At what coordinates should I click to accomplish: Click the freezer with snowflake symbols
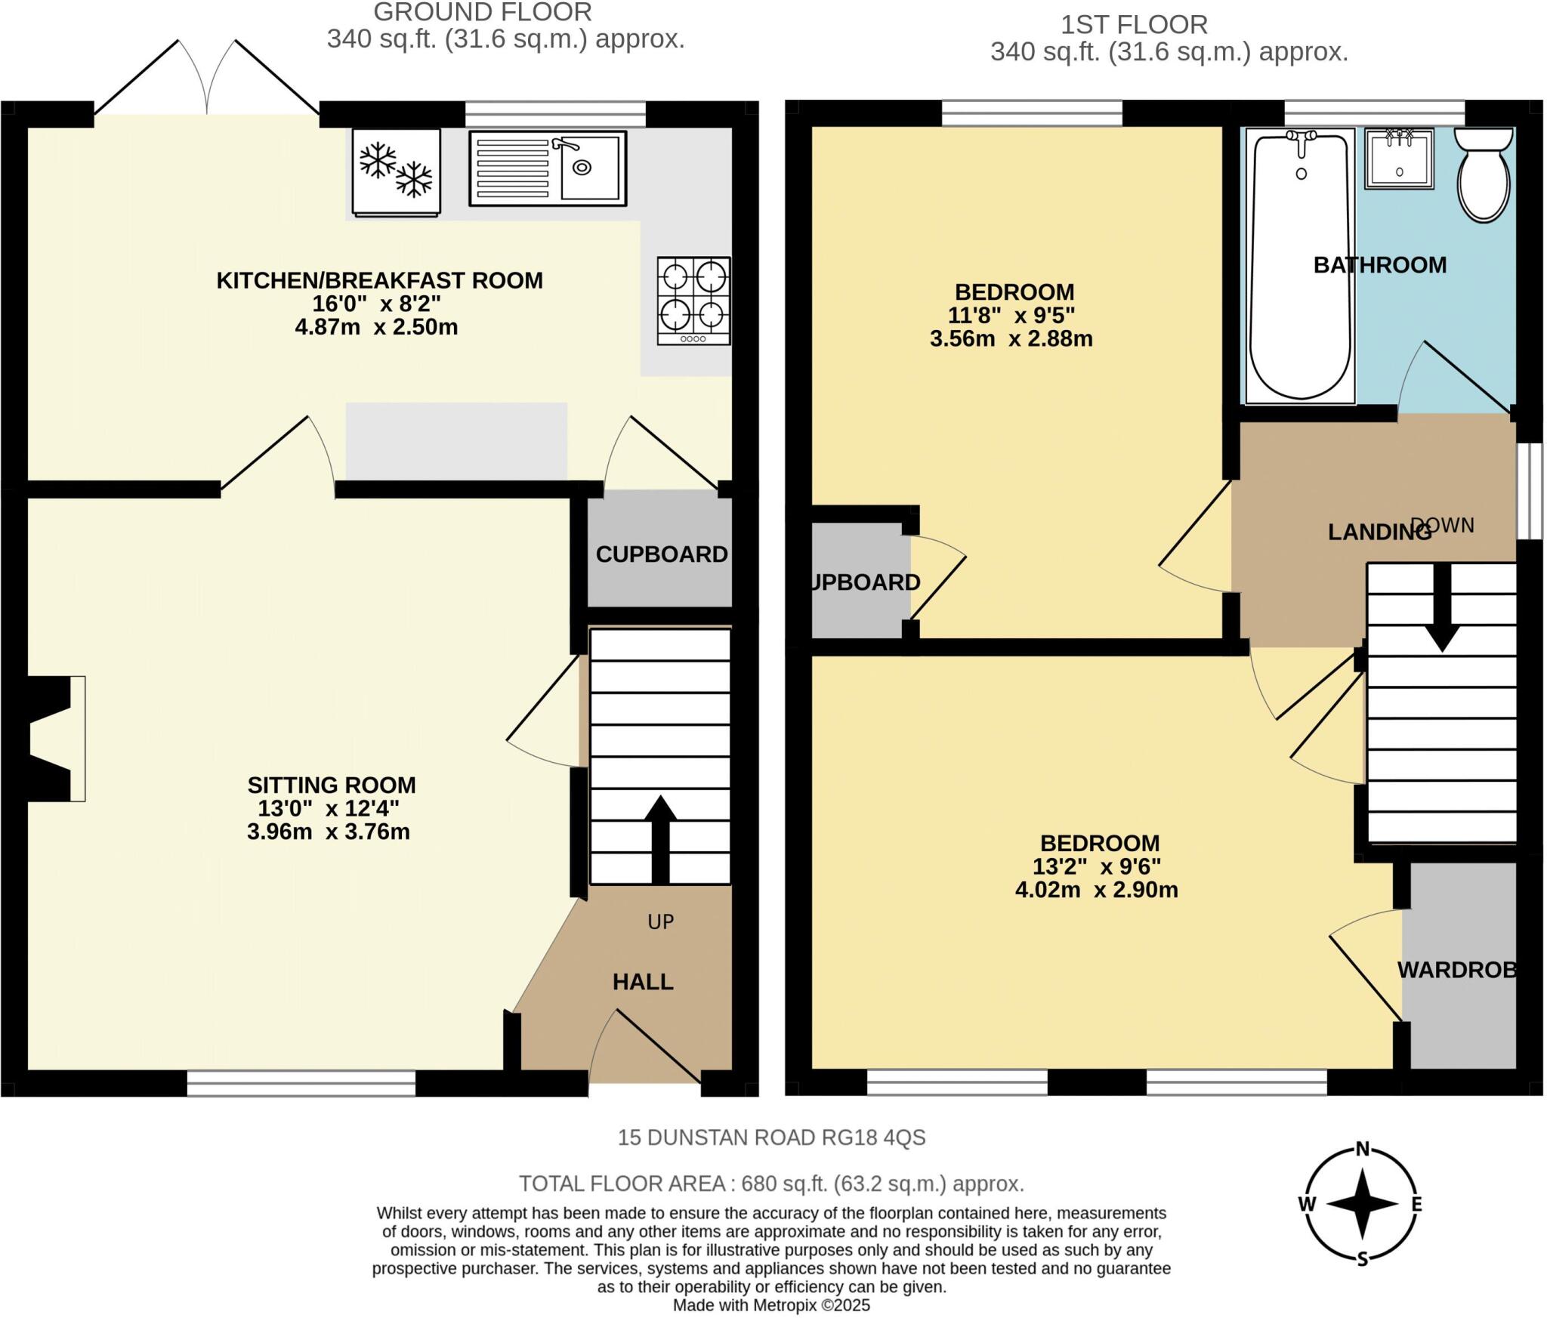click(396, 172)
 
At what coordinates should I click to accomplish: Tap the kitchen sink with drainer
click(547, 168)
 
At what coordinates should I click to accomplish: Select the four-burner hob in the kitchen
click(693, 301)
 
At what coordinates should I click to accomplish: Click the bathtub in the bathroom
click(1300, 264)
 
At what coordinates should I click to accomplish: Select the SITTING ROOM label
click(332, 785)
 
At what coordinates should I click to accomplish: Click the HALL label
click(643, 982)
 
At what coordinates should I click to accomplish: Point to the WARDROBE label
click(1456, 970)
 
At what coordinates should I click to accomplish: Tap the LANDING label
click(1379, 532)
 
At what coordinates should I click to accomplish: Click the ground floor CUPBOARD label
click(662, 554)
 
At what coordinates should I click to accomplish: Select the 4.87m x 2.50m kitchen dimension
click(376, 327)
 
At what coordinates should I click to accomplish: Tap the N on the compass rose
click(1363, 1149)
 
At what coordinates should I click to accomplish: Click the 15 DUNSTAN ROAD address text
click(771, 1137)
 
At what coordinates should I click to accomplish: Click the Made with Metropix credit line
click(771, 1305)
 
